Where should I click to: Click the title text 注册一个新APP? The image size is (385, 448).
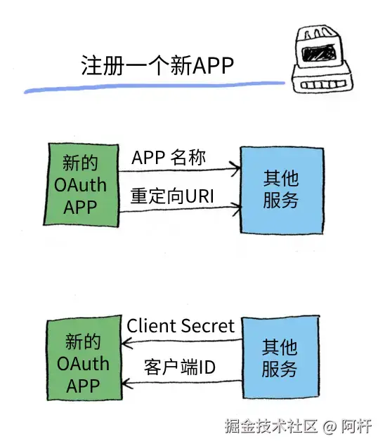[157, 65]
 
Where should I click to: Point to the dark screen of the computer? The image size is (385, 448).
[318, 53]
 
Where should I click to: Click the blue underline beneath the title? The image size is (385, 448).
[155, 87]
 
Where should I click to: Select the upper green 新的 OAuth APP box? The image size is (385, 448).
[81, 185]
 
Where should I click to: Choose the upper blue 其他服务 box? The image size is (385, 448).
[282, 190]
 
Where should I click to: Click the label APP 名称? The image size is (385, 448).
[169, 158]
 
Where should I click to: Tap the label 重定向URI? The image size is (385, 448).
[172, 196]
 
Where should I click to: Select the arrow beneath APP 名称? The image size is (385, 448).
[179, 170]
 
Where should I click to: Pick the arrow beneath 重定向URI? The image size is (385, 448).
[180, 209]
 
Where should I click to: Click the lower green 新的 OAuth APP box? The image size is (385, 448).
[84, 358]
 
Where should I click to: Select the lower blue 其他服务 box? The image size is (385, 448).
[281, 357]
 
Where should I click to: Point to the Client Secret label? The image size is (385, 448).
[181, 326]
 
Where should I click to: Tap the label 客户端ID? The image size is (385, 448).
[179, 367]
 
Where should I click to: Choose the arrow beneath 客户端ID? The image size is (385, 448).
[182, 382]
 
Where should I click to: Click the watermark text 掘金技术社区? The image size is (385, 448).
[271, 426]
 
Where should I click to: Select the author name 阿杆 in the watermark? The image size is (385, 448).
[356, 426]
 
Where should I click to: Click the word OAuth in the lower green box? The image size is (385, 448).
[83, 363]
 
